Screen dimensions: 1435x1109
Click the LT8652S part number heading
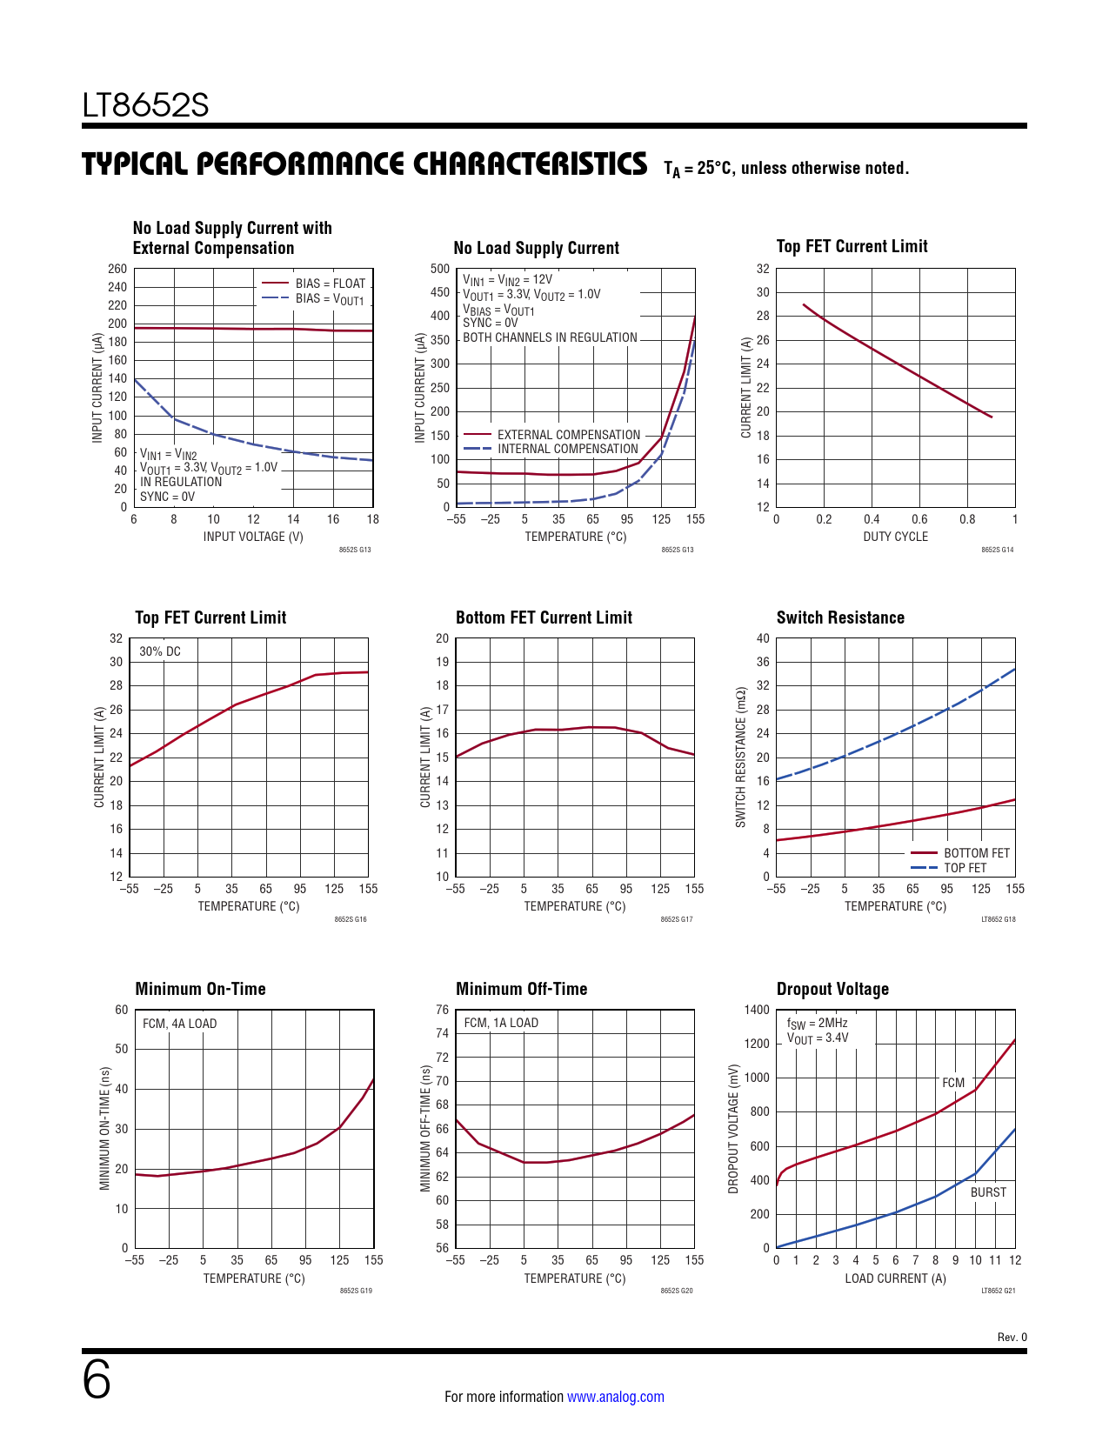(x=145, y=105)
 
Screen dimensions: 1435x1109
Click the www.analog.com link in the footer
(x=615, y=1397)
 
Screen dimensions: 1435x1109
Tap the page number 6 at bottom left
(x=97, y=1380)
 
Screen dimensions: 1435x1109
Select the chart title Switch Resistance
(x=840, y=617)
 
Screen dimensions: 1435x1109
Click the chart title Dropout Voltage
(x=832, y=989)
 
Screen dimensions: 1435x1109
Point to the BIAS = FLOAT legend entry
(x=330, y=284)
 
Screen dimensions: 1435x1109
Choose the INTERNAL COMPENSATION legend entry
(x=567, y=449)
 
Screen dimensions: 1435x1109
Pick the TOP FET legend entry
(x=965, y=868)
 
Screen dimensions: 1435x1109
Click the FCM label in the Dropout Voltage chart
(x=953, y=1083)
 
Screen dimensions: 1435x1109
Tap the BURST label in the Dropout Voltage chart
(x=988, y=1192)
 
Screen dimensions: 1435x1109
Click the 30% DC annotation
(x=160, y=651)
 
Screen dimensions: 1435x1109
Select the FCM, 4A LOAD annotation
(x=179, y=1024)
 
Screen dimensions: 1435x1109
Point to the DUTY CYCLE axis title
(x=895, y=537)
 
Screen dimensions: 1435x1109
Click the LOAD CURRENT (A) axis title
(x=895, y=1278)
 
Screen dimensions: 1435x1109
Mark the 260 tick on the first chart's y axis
(x=117, y=269)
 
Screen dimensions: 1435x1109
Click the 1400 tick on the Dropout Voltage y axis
(x=757, y=1010)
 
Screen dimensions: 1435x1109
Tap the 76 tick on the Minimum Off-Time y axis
(x=443, y=1010)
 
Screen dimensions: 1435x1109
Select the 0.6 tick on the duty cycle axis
(x=919, y=519)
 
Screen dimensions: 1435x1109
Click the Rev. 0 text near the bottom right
(x=1012, y=1338)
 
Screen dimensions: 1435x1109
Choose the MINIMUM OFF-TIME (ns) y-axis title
(x=425, y=1128)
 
